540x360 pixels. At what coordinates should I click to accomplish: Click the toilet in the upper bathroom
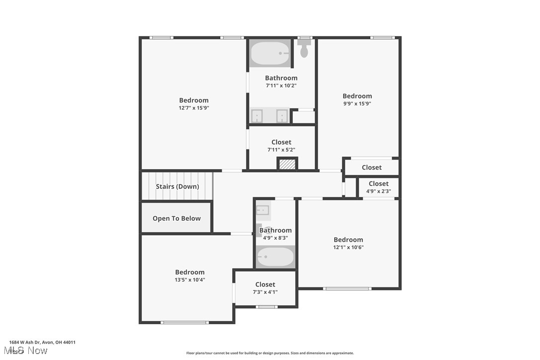coord(304,50)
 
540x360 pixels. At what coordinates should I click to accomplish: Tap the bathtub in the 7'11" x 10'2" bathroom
coord(270,53)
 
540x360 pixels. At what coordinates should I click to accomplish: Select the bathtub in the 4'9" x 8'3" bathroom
coord(275,257)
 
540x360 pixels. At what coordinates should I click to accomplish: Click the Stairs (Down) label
coord(178,186)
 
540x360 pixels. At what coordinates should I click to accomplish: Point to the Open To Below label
coord(177,218)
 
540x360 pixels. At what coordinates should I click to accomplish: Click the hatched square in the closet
coord(287,164)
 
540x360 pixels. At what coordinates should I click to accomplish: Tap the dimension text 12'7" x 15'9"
coord(194,107)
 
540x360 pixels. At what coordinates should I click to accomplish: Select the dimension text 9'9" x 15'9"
coord(357,103)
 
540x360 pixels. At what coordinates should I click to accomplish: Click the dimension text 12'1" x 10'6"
coord(349,247)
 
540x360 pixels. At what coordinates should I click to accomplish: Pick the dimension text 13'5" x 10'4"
coord(190,279)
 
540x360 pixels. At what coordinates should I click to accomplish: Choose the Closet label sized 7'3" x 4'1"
coord(266,284)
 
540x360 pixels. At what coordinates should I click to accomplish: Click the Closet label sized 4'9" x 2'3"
coord(378,183)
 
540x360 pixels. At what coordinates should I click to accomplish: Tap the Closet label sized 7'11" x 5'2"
coord(281,142)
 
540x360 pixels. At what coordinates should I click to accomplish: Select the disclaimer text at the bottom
coord(270,353)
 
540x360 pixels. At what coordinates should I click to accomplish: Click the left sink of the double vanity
coord(257,116)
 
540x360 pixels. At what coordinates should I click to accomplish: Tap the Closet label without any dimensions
coord(371,168)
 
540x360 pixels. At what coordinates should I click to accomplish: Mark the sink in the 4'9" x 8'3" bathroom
coord(263,210)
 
